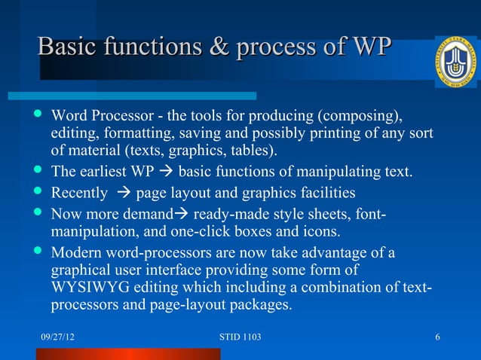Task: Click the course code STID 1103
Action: point(238,336)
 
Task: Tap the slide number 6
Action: point(438,336)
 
